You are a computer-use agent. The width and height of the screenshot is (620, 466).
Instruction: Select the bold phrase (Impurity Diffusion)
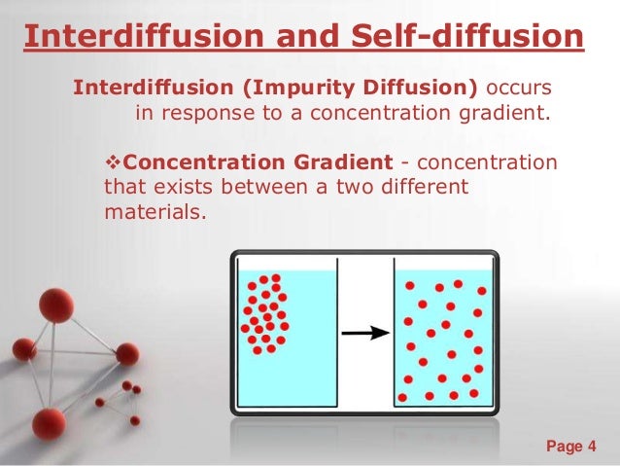pos(360,89)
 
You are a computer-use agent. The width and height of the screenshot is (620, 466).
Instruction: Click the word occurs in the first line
pos(525,89)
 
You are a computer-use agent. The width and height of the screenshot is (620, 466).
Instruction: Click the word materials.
pos(155,209)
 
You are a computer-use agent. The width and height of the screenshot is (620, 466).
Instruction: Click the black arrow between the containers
pos(363,333)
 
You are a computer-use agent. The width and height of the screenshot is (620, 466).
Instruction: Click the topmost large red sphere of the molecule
pos(56,305)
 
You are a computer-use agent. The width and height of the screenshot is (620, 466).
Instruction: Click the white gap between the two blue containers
pos(363,292)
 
